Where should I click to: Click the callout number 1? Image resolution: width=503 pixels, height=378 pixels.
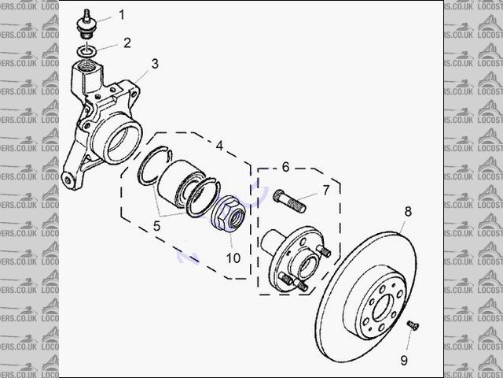click(x=122, y=14)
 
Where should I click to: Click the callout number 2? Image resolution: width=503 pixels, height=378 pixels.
click(x=127, y=42)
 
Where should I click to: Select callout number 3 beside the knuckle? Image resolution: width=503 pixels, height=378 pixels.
click(x=155, y=63)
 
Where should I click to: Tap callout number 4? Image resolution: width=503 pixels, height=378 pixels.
click(x=220, y=146)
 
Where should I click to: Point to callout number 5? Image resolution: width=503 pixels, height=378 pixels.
click(x=156, y=225)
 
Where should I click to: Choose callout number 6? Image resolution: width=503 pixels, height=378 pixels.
click(x=286, y=167)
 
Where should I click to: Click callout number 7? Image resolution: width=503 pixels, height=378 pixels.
click(x=325, y=191)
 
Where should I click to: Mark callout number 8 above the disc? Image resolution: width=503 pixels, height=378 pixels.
click(x=408, y=211)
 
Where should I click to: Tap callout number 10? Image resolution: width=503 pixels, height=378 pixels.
click(x=233, y=258)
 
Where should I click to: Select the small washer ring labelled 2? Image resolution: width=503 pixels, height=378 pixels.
click(x=89, y=50)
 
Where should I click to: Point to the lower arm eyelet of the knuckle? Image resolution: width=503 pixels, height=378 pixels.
click(x=70, y=180)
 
